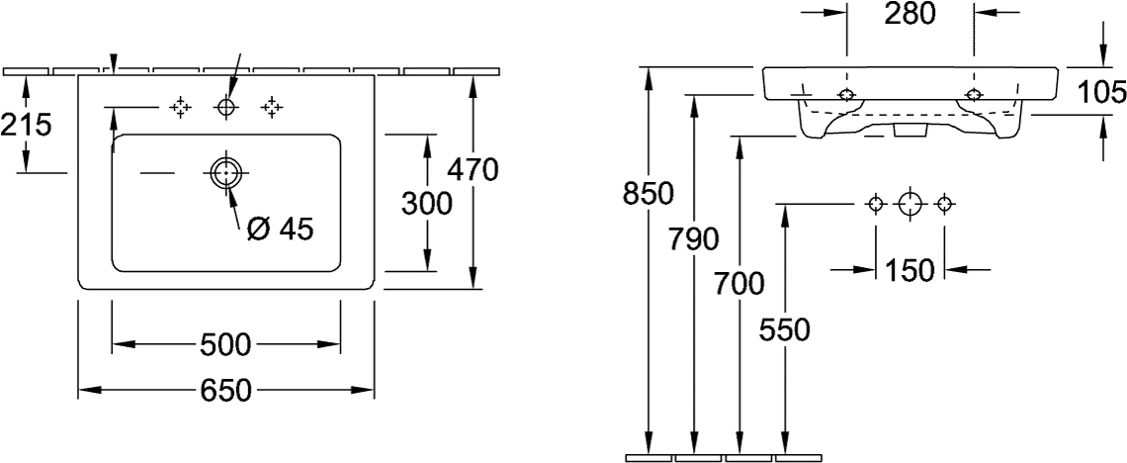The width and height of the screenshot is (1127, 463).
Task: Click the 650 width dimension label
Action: pyautogui.click(x=225, y=391)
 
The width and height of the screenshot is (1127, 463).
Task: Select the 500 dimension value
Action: pyautogui.click(x=225, y=345)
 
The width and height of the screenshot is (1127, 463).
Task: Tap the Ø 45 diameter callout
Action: pyautogui.click(x=281, y=230)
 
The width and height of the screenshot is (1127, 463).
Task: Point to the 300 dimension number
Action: pyautogui.click(x=426, y=204)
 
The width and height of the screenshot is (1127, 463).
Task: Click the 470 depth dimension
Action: pyautogui.click(x=473, y=170)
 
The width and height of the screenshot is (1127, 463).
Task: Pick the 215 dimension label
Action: pyautogui.click(x=26, y=125)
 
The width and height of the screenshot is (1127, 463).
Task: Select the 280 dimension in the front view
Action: pyautogui.click(x=910, y=14)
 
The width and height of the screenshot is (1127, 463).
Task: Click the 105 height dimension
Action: pyautogui.click(x=1101, y=92)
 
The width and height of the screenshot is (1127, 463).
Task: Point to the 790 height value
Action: pyautogui.click(x=693, y=239)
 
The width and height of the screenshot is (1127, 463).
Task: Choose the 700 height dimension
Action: pyautogui.click(x=738, y=286)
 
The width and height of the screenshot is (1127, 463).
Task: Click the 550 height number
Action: pyautogui.click(x=784, y=330)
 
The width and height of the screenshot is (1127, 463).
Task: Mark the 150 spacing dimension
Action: pyautogui.click(x=910, y=271)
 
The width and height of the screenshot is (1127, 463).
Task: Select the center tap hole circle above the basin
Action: pyautogui.click(x=225, y=108)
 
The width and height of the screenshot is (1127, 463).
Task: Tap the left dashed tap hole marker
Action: pyautogui.click(x=180, y=108)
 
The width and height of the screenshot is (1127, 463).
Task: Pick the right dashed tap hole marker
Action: pyautogui.click(x=272, y=108)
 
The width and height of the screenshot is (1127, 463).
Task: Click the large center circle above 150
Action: pyautogui.click(x=910, y=204)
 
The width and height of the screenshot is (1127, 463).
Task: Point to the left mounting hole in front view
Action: pyautogui.click(x=846, y=95)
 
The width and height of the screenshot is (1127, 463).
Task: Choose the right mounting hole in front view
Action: pyautogui.click(x=974, y=95)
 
